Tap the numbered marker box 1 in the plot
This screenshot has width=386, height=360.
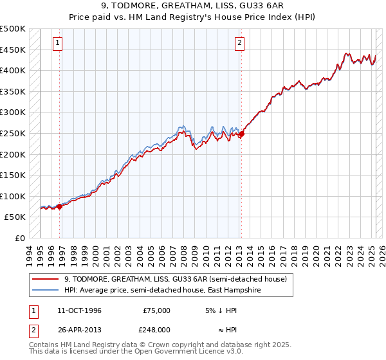tap(58, 43)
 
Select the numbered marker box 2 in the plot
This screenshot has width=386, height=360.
tap(239, 43)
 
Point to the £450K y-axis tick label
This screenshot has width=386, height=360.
tap(13, 50)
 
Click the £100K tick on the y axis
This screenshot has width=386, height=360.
tap(13, 196)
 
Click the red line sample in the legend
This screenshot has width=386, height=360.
tap(46, 279)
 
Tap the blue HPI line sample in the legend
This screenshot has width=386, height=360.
tap(46, 290)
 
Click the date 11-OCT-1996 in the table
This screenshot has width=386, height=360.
tap(79, 310)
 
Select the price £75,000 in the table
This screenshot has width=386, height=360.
tap(156, 310)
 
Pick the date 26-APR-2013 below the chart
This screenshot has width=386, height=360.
tap(79, 329)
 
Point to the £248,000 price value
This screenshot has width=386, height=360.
tap(156, 329)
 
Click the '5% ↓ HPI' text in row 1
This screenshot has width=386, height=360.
tap(221, 310)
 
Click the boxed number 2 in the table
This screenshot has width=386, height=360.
tap(33, 329)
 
